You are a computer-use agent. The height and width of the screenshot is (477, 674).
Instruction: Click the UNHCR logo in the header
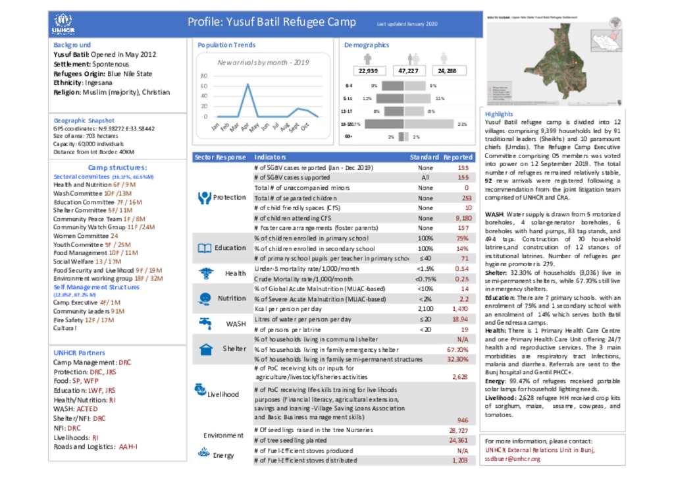(x=63, y=24)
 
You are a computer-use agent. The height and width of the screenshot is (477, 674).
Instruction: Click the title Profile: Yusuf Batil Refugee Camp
(x=272, y=22)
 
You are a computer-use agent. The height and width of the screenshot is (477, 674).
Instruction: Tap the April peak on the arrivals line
(x=247, y=84)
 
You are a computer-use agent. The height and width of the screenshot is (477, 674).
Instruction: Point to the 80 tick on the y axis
(x=204, y=76)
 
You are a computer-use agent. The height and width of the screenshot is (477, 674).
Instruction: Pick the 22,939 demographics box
(x=368, y=70)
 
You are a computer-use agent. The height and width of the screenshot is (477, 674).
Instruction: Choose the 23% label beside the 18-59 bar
(x=462, y=124)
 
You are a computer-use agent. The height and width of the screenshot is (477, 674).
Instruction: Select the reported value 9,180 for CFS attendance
(x=463, y=218)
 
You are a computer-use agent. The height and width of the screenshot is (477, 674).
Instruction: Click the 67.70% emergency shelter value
(x=457, y=349)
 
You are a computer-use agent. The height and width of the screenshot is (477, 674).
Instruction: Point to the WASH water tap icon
(x=205, y=323)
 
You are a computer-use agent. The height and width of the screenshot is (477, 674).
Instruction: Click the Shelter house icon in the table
(x=205, y=349)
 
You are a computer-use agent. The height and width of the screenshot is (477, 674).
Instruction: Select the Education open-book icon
(x=204, y=248)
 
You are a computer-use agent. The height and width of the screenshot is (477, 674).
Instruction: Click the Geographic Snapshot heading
(x=84, y=121)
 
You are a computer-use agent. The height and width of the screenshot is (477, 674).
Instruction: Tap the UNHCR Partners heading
(x=79, y=353)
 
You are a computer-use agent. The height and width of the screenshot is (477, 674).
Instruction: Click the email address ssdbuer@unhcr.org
(x=513, y=459)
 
